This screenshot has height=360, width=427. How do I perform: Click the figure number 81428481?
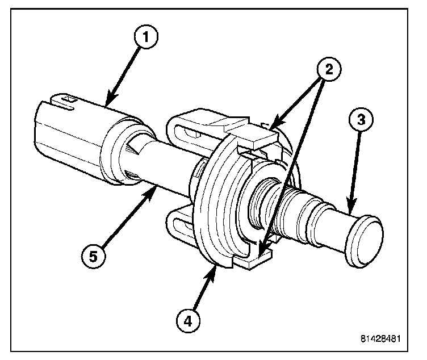(x=380, y=339)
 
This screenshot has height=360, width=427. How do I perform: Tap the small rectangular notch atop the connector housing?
(x=67, y=99)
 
